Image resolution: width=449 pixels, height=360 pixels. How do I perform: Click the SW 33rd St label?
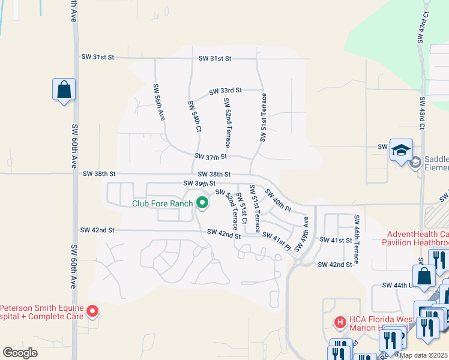pyautogui.click(x=225, y=91)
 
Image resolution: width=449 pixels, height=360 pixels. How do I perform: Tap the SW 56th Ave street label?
pyautogui.click(x=158, y=102)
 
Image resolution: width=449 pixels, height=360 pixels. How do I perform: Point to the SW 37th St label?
pyautogui.click(x=210, y=157)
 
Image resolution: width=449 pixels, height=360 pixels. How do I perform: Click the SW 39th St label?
pyautogui.click(x=199, y=183)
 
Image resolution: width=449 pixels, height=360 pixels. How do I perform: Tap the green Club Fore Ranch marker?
pyautogui.click(x=202, y=203)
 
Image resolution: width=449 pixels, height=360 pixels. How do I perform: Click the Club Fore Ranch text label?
pyautogui.click(x=163, y=203)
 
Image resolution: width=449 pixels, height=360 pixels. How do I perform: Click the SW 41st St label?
pyautogui.click(x=335, y=240)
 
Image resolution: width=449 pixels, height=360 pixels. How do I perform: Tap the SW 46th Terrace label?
pyautogui.click(x=357, y=239)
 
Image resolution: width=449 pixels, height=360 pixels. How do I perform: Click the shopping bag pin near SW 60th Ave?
pyautogui.click(x=64, y=91)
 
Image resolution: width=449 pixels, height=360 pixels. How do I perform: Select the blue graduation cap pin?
pyautogui.click(x=401, y=150)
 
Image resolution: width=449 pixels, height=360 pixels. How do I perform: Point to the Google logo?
pyautogui.click(x=21, y=352)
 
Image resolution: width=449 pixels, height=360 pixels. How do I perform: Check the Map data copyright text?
pyautogui.click(x=424, y=355)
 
